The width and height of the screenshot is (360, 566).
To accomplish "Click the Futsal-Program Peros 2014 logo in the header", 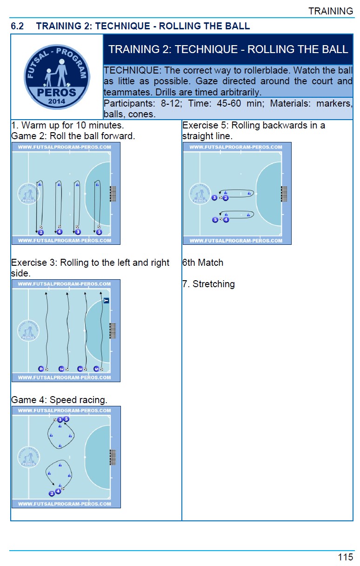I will click(57, 77).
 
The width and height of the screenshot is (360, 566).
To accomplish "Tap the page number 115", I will click(346, 557).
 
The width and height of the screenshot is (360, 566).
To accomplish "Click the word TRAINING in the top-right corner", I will click(331, 11).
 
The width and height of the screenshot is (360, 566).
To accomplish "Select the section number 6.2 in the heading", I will click(18, 26).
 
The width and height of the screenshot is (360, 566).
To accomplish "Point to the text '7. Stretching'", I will click(208, 284).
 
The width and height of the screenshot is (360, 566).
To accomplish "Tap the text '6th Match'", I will click(203, 263).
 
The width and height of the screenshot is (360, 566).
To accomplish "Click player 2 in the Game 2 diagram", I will click(41, 232).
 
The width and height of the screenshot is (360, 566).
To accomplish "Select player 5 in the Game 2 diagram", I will click(99, 232).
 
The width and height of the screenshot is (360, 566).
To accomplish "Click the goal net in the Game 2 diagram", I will click(113, 194).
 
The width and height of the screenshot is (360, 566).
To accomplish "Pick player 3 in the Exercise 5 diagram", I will click(214, 198).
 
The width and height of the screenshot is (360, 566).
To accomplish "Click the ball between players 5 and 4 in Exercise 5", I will click(220, 220).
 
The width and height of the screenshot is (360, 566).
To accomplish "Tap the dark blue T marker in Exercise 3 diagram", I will click(106, 301).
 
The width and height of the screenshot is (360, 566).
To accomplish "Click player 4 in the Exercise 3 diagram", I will click(41, 369).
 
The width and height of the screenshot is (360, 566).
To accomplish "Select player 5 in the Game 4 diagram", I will click(66, 419).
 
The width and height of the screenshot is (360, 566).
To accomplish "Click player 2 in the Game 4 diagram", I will click(52, 493).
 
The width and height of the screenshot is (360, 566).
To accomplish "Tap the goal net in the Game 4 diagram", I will click(113, 457).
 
